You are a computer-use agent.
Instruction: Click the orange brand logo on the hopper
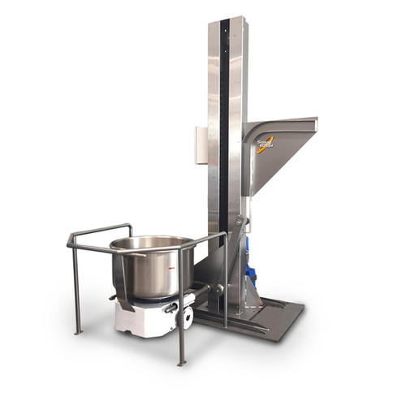[266, 144]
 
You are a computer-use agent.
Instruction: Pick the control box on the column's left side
[201, 145]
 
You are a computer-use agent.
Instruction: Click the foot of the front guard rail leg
[182, 362]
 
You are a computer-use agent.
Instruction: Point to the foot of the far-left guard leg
[78, 331]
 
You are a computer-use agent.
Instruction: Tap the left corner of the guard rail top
[71, 240]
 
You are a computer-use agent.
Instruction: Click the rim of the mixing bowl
[153, 242]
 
